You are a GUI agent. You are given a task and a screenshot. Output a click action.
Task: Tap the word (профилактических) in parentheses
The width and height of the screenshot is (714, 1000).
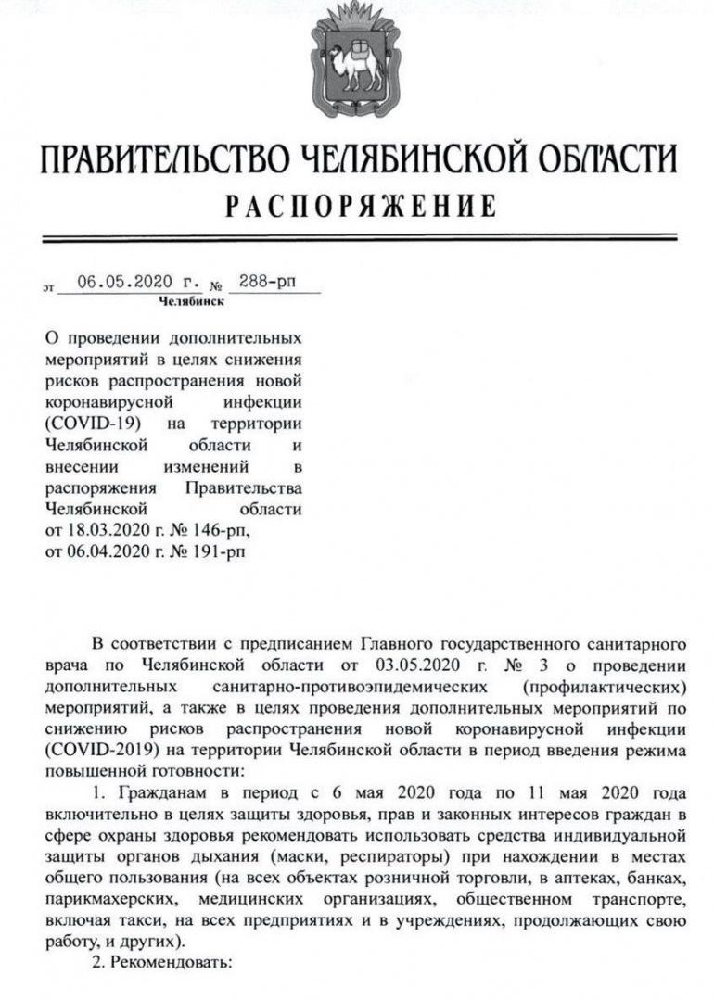pyautogui.click(x=604, y=687)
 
